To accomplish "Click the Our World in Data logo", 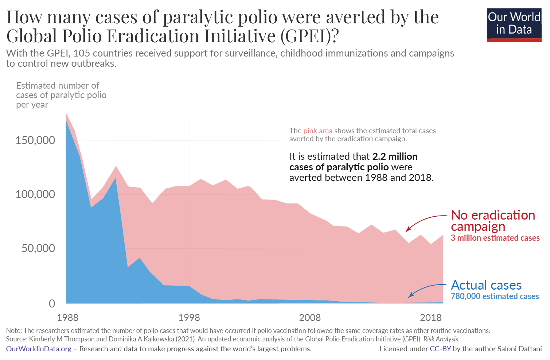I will pos(514,24).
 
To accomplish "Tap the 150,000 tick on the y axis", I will pos(35,140).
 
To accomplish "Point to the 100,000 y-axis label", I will pos(35,194).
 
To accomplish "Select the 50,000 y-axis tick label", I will pos(38,248).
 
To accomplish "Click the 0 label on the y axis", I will pos(52,303).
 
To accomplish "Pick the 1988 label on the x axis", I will pos(67,318).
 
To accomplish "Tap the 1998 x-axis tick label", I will pos(189,318).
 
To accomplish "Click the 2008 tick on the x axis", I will pos(310,318).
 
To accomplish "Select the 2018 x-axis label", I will pos(431,318).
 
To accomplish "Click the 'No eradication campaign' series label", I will pos(493,221).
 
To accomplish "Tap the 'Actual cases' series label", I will pos(486,285).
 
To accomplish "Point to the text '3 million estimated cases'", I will pos(495,238).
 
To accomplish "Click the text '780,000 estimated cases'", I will pos(495,297).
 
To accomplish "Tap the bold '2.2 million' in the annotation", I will pos(395,156).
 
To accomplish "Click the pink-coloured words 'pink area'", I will pos(318,131).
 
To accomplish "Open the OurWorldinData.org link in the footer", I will pos(39,349).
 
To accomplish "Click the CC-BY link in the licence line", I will pos(440,349).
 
